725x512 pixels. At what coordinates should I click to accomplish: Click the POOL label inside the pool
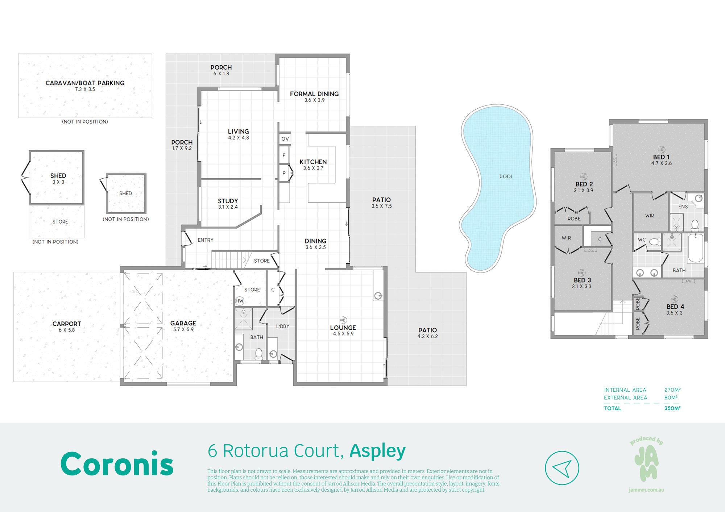point(506,176)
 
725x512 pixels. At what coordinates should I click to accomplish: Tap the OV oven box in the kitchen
point(285,139)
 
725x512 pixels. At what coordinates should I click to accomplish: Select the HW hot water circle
point(240,301)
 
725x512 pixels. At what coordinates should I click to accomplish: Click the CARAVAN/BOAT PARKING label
point(85,83)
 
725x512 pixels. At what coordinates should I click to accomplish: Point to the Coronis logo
point(117,463)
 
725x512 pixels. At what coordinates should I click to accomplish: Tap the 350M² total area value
point(672,408)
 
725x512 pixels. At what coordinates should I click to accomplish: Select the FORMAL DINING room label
point(314,94)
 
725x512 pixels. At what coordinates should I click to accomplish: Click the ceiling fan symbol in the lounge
point(343,320)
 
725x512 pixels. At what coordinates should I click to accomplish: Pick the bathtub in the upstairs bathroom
point(696,248)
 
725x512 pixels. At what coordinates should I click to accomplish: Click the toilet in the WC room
point(655,242)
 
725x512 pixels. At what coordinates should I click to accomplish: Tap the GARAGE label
point(183,323)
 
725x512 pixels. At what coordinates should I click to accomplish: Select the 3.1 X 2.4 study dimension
point(228,207)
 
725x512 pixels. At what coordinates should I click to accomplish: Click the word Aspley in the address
point(377,451)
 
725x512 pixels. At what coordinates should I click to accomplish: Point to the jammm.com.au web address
point(646,490)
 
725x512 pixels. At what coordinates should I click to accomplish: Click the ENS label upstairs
point(683,207)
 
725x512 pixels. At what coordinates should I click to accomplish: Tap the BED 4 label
point(675,307)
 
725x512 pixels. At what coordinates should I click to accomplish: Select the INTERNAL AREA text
point(625,390)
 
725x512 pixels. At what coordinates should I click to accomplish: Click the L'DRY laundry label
point(282,326)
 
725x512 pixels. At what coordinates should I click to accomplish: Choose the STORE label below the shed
point(60,221)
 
